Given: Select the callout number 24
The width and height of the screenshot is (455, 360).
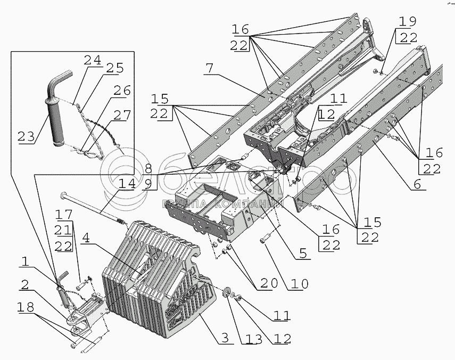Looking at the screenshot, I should [x=92, y=61].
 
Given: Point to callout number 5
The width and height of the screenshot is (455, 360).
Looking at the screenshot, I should [x=303, y=255].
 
